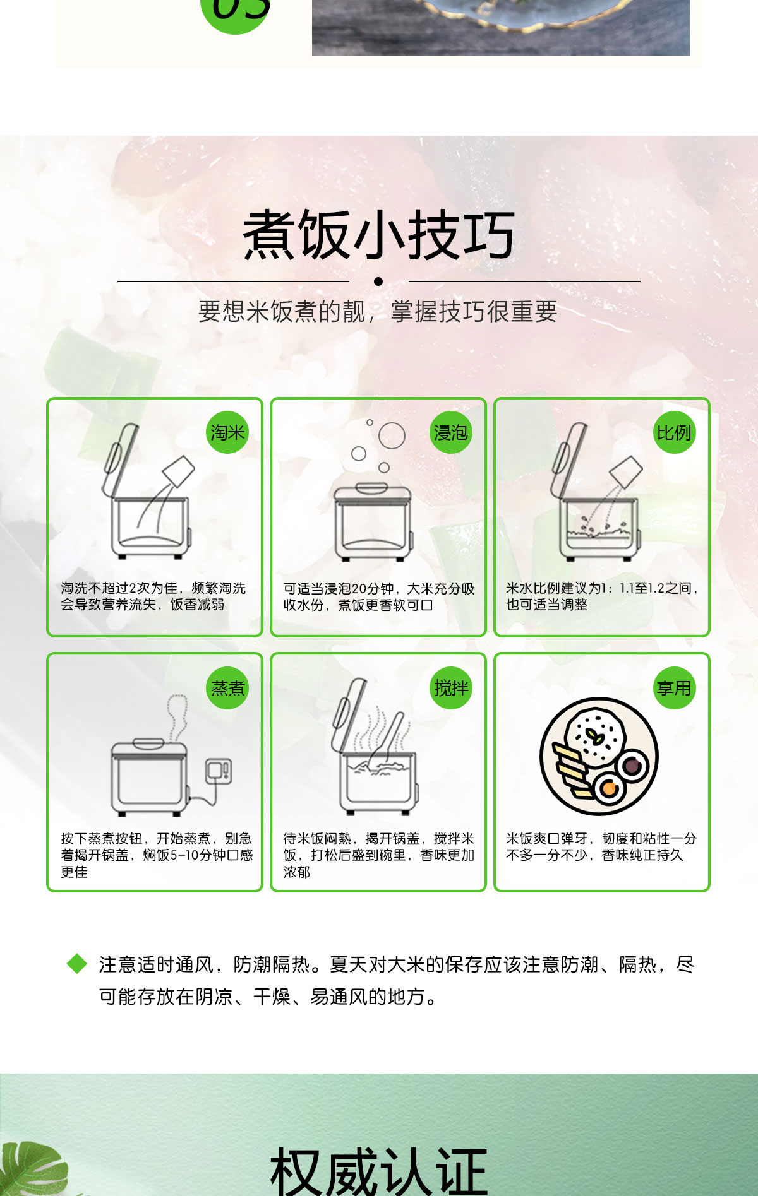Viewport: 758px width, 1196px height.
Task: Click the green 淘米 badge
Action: tap(227, 432)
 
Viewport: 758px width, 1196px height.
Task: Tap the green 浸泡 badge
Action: tap(451, 432)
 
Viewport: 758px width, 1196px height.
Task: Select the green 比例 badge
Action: tap(674, 432)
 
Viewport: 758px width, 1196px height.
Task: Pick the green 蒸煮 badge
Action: tap(227, 688)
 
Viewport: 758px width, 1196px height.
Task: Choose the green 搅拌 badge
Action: tap(451, 688)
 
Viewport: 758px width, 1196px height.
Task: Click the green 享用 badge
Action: tap(674, 688)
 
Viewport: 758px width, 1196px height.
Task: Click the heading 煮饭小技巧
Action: tap(379, 235)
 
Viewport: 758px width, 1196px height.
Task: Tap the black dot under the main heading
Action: tap(378, 281)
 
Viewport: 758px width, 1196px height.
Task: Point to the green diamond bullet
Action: tap(77, 964)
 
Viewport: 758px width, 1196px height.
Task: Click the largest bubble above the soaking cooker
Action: tap(392, 435)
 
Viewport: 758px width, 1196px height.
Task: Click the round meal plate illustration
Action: tap(599, 756)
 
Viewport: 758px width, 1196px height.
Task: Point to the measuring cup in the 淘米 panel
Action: tap(179, 471)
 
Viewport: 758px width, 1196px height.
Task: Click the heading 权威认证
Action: tap(379, 1171)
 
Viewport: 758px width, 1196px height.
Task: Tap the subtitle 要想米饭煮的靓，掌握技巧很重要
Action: tap(378, 311)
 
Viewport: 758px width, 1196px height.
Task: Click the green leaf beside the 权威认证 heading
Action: tap(32, 1168)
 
